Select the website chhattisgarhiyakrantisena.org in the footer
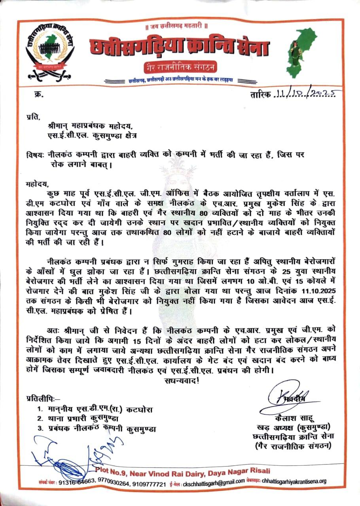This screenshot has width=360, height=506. [x=293, y=481]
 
